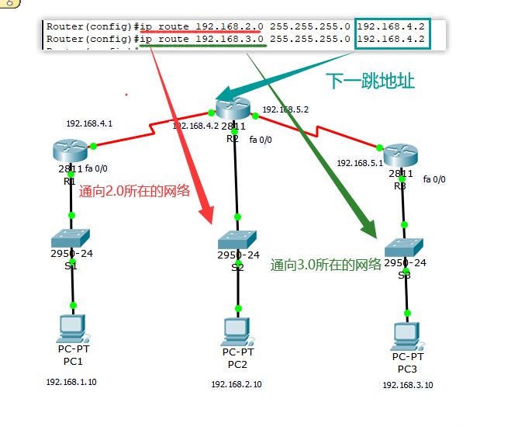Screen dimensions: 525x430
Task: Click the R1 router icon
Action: pos(71,149)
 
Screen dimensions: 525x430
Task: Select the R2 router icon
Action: pos(233,109)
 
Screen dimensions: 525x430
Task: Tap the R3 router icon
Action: pos(400,154)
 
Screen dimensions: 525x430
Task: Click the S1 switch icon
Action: pos(71,238)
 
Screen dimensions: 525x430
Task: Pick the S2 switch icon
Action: pos(237,240)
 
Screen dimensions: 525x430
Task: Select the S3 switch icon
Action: pos(405,246)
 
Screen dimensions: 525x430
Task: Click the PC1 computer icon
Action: pos(72,329)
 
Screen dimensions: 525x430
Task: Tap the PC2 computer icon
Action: pos(237,332)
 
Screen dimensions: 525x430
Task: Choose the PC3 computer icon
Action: pos(406,335)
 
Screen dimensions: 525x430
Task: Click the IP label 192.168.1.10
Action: pos(71,382)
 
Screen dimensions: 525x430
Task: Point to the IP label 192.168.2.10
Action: pos(237,384)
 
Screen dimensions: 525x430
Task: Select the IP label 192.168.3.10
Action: pos(407,385)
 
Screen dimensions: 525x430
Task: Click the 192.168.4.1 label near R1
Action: pos(89,123)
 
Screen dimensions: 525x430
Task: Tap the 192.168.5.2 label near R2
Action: pos(285,110)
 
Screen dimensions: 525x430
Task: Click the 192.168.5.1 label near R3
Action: pos(360,164)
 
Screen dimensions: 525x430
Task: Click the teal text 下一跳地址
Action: pos(371,81)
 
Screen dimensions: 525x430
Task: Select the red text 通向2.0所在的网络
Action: pos(134,191)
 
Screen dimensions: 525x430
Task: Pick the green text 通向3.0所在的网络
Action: pos(326,265)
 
